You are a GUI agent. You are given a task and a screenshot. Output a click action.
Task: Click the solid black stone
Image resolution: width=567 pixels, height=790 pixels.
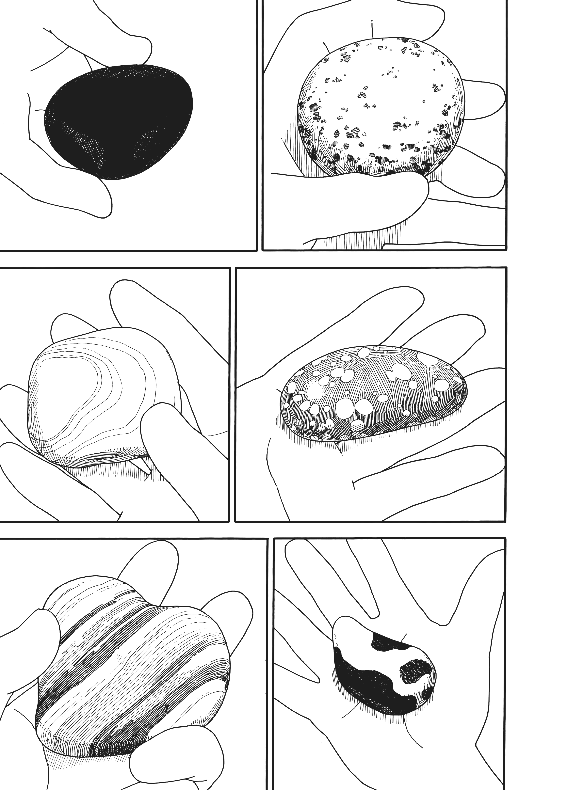(119, 122)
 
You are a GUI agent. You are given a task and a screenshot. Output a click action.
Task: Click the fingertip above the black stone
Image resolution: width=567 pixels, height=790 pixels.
(136, 49)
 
